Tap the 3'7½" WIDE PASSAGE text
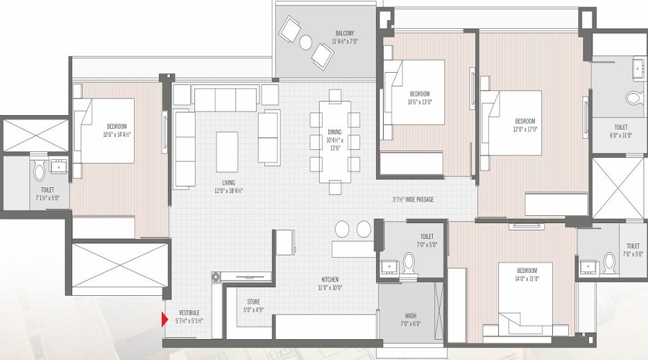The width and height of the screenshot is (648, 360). point(413,199)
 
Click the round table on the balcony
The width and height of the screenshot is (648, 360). point(320,55)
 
